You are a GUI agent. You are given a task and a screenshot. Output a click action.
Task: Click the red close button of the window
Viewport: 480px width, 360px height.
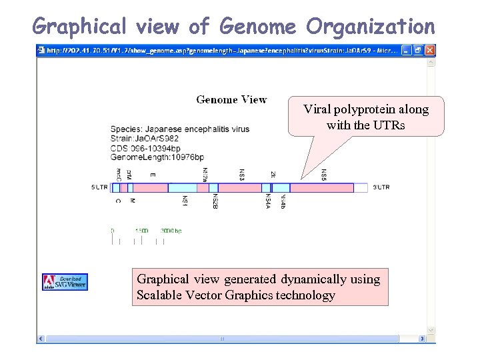[x=430, y=50]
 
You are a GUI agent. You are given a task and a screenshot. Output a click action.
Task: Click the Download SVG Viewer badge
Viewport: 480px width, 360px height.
[x=65, y=282]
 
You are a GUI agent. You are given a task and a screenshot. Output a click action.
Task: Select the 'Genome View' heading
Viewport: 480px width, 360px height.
[x=231, y=99]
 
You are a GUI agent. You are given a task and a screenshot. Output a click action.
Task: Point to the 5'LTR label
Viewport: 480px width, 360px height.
[x=99, y=188]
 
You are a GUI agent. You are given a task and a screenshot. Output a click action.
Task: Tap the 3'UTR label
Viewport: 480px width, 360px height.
[x=381, y=188]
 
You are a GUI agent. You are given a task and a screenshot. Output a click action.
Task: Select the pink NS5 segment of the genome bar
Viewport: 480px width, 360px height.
[x=321, y=188]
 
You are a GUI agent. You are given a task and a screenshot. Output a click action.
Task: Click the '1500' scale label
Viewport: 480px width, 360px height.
[x=141, y=231]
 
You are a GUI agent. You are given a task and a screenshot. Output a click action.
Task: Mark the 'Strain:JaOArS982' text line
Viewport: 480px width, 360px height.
[x=145, y=137]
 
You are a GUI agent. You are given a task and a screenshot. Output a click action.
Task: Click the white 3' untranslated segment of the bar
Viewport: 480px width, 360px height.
[x=361, y=188]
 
